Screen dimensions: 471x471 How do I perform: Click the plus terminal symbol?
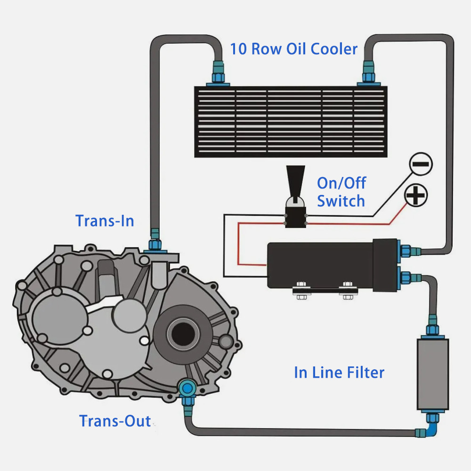pyautogui.click(x=416, y=195)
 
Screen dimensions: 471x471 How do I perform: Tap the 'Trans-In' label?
pyautogui.click(x=105, y=220)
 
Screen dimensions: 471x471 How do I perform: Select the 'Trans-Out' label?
pyautogui.click(x=115, y=421)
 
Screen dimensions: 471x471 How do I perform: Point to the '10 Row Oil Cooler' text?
pyautogui.click(x=293, y=49)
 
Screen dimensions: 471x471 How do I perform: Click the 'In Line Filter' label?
pyautogui.click(x=339, y=373)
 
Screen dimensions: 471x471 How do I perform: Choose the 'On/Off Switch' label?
pyautogui.click(x=341, y=192)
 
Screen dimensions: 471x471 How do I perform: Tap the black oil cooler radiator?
pyautogui.click(x=291, y=122)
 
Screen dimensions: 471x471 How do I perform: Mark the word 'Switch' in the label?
pyautogui.click(x=341, y=201)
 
